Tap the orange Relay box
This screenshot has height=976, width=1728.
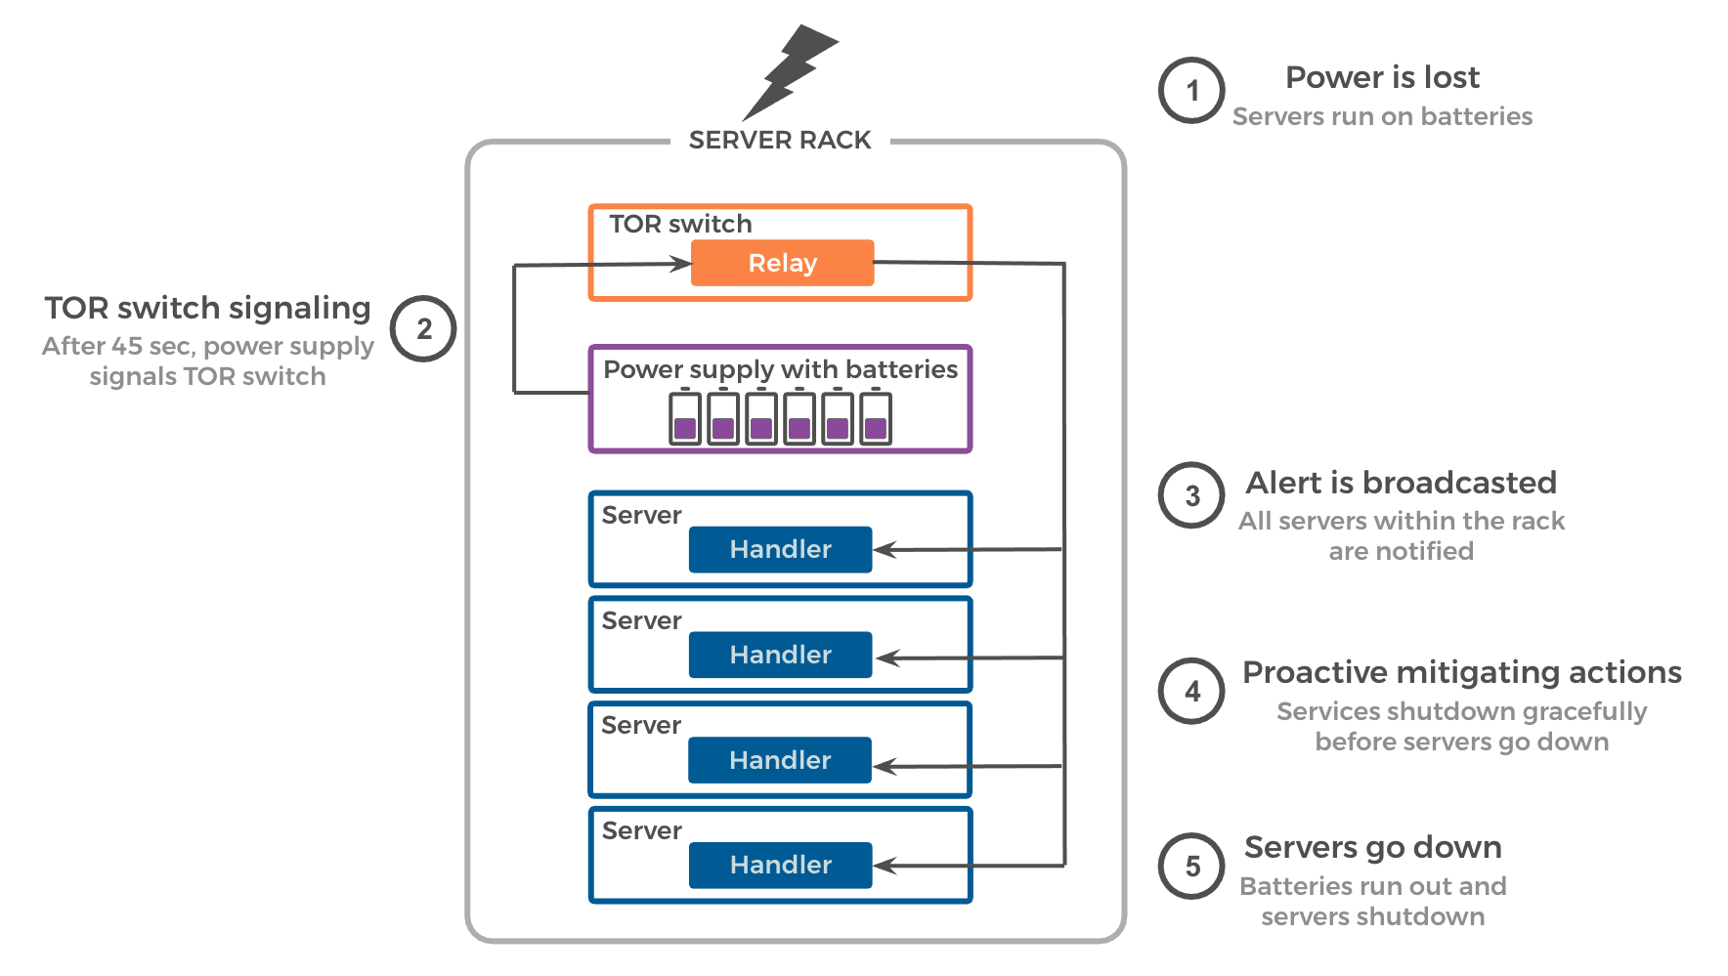[782, 263]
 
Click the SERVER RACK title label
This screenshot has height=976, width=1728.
[780, 141]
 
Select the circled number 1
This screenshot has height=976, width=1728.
[1191, 91]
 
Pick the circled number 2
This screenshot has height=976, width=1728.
[423, 329]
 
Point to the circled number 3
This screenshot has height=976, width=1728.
[1191, 495]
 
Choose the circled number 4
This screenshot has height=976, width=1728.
[1191, 691]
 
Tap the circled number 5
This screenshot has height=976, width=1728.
[1191, 866]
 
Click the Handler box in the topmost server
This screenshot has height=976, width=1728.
[780, 549]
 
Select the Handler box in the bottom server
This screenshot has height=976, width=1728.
[780, 865]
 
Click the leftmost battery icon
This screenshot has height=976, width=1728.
[685, 418]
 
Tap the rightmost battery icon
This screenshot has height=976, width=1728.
[876, 418]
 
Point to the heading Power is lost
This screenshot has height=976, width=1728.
[1382, 77]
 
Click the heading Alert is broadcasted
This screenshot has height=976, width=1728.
[1401, 483]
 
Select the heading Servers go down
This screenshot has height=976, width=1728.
[1372, 847]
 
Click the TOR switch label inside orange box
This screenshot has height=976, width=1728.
[680, 224]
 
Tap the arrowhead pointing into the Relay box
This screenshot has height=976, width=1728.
[681, 263]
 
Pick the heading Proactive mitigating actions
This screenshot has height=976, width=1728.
[1461, 672]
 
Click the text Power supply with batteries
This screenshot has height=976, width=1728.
[780, 369]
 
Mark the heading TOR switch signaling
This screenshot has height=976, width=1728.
[207, 308]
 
